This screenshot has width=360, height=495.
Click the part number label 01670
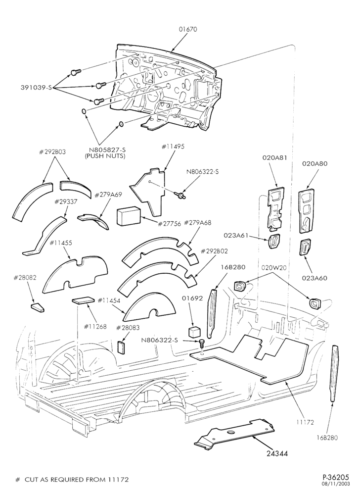pyautogui.click(x=188, y=29)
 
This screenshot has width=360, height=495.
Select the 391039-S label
pyautogui.click(x=36, y=88)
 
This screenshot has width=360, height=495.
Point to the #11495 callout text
pyautogui.click(x=173, y=147)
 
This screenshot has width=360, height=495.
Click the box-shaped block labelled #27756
pyautogui.click(x=129, y=216)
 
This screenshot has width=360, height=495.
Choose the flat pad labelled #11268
pyautogui.click(x=83, y=300)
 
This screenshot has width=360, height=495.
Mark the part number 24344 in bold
pyautogui.click(x=277, y=453)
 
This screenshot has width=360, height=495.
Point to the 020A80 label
pyautogui.click(x=315, y=163)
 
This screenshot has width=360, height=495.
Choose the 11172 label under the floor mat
pyautogui.click(x=306, y=423)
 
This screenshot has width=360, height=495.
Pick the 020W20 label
pyautogui.click(x=273, y=267)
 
